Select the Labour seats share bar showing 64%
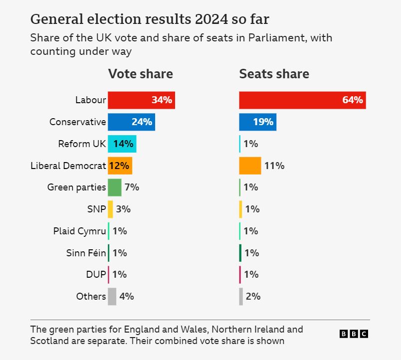coord(302,100)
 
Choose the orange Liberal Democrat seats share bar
coord(250,166)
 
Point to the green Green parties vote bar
coord(115,187)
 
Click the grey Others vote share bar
coord(112,296)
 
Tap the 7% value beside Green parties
coord(132,187)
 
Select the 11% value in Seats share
coord(274,166)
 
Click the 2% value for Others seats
coord(253,296)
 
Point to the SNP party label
coord(97,209)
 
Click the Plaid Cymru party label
coord(80,231)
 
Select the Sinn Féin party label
coord(86,253)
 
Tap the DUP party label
coord(96,275)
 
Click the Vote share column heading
coord(141,74)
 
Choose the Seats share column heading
coord(274,74)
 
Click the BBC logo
coord(354,334)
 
